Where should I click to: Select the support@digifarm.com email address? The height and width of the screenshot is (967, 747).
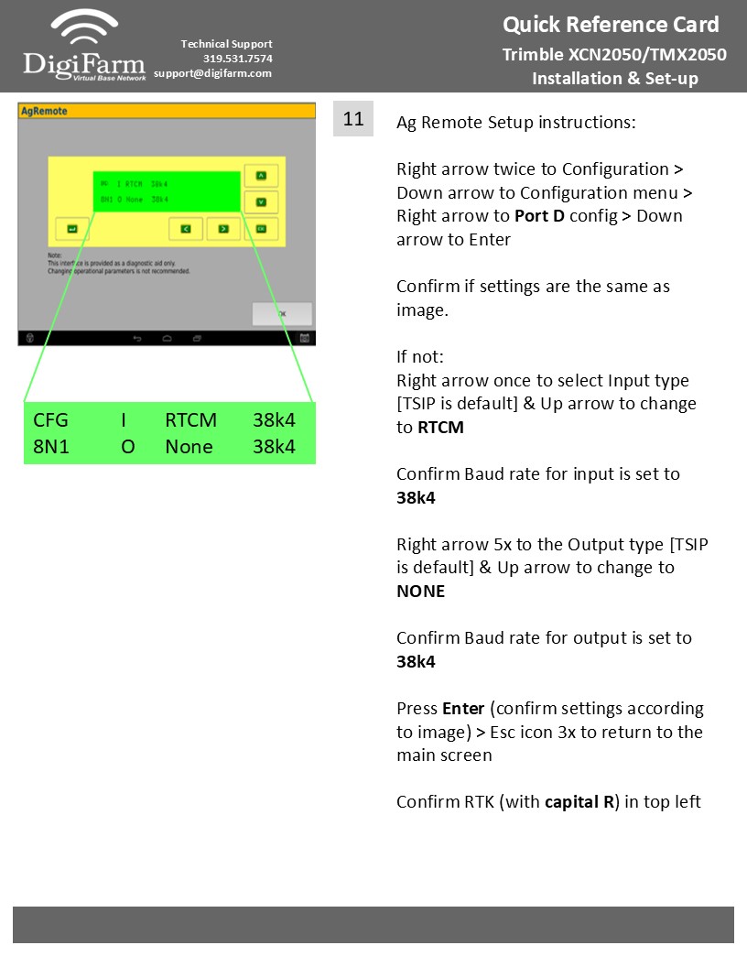pyautogui.click(x=213, y=73)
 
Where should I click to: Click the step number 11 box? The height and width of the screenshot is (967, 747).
pyautogui.click(x=353, y=119)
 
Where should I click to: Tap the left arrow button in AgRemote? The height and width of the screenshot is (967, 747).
pyautogui.click(x=186, y=227)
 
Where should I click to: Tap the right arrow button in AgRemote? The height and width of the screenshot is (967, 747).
pyautogui.click(x=222, y=227)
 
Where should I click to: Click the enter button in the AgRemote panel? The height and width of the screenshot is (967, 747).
pyautogui.click(x=72, y=228)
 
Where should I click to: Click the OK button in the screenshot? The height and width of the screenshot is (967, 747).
pyautogui.click(x=282, y=313)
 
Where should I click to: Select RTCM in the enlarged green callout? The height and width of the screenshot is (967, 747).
pyautogui.click(x=190, y=421)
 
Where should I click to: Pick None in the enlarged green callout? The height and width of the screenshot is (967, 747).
pyautogui.click(x=189, y=447)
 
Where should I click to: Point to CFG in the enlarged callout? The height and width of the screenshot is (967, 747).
pyautogui.click(x=50, y=421)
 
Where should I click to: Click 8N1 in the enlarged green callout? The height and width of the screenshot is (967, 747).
pyautogui.click(x=51, y=447)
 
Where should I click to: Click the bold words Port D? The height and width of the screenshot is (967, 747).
pyautogui.click(x=539, y=216)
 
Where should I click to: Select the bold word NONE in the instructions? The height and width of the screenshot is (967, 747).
pyautogui.click(x=420, y=592)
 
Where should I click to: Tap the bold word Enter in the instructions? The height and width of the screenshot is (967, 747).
pyautogui.click(x=462, y=709)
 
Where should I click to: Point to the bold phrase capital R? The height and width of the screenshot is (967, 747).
pyautogui.click(x=579, y=802)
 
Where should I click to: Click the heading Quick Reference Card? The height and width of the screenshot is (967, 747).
pyautogui.click(x=611, y=25)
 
